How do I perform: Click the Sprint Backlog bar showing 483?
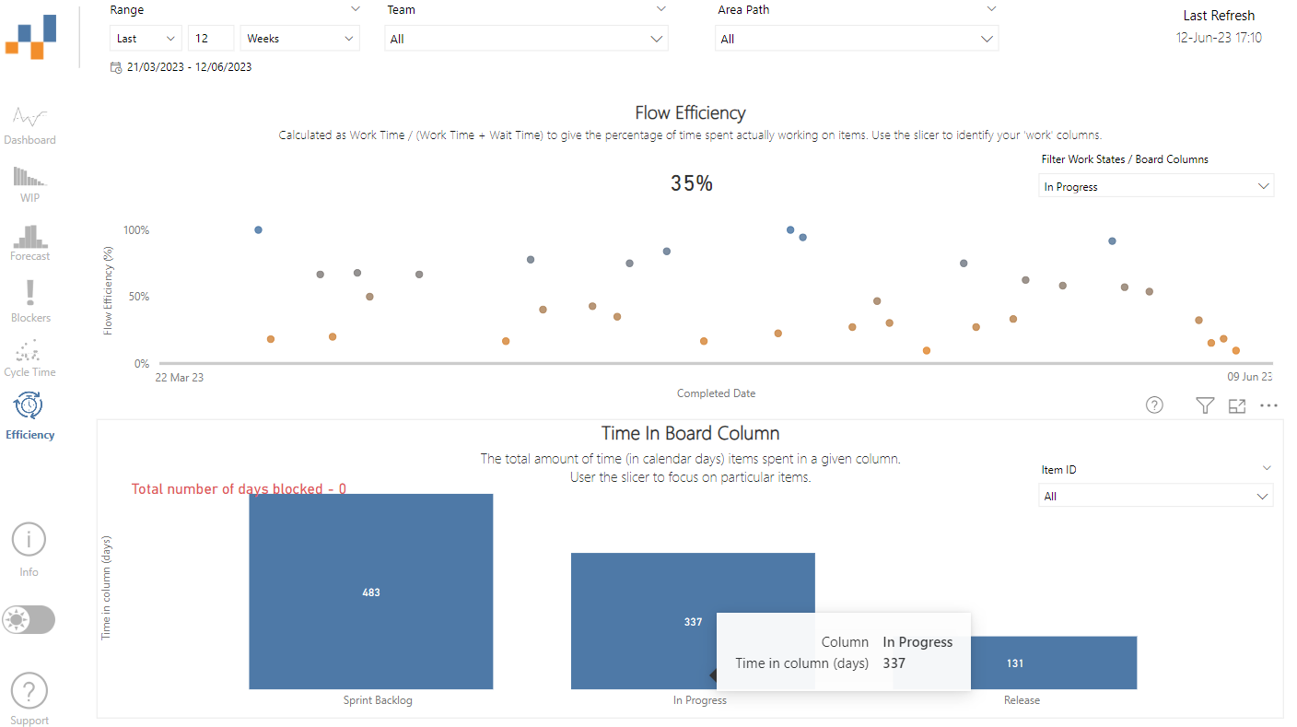tap(370, 592)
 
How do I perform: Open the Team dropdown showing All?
tap(526, 39)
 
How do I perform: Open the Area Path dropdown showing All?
tap(856, 39)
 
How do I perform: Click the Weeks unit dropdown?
tap(300, 39)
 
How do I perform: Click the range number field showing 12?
tap(210, 39)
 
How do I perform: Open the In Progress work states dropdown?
tap(1156, 186)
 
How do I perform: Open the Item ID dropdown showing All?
tap(1156, 497)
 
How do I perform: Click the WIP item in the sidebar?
tap(29, 183)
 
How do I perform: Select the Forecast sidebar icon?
tap(29, 241)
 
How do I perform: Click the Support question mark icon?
tap(29, 691)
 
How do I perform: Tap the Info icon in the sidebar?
tap(29, 540)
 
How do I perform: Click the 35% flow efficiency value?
tap(691, 183)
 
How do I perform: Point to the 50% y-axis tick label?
tap(136, 297)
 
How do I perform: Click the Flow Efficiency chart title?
tap(690, 113)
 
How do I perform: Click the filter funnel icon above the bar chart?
tap(1204, 405)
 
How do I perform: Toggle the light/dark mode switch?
tap(29, 620)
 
